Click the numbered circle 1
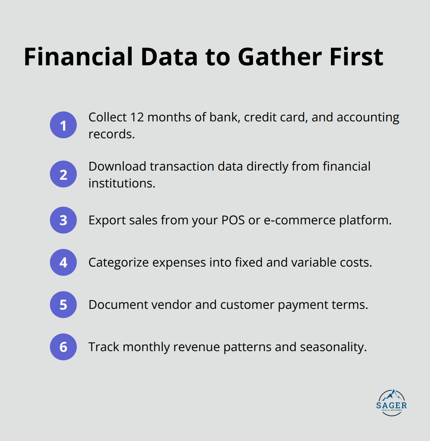coord(63,125)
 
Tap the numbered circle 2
coord(63,174)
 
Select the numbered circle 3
coord(63,220)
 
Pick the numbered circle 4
coord(63,262)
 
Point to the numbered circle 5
coord(63,305)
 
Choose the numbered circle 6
coord(63,347)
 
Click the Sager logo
coord(391,403)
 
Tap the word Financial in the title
coord(79,57)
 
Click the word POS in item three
coord(233,220)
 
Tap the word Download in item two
coord(117,166)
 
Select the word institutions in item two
coord(121,183)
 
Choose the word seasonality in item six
coord(333,347)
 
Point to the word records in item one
coord(111,134)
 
